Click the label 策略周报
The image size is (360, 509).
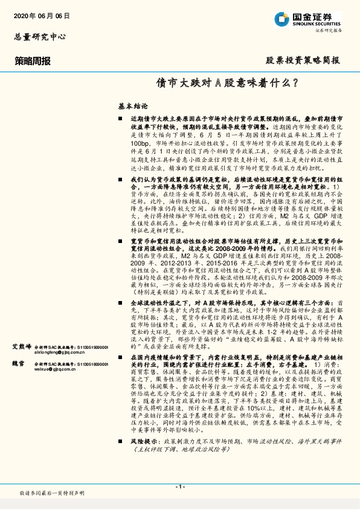pos(33,60)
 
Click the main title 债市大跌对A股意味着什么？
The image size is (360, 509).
pos(226,82)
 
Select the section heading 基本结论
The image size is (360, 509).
pos(115,105)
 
